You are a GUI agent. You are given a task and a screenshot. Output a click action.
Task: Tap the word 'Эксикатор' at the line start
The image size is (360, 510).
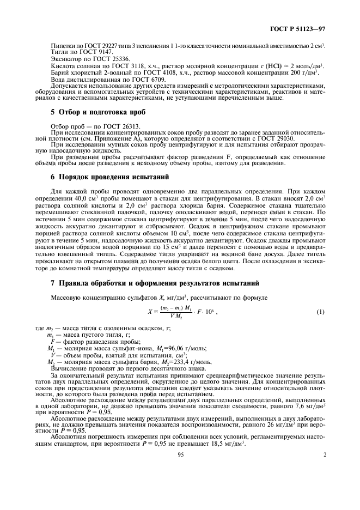(64, 72)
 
